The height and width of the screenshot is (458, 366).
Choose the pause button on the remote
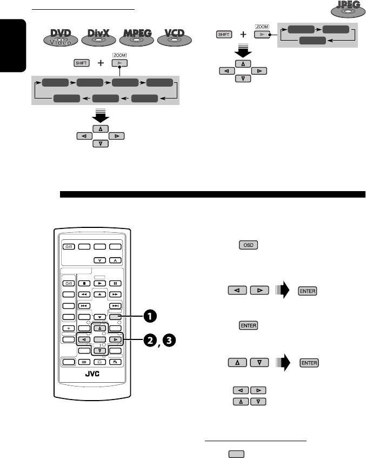click(115, 283)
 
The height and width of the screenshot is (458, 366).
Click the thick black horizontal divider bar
click(212, 194)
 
